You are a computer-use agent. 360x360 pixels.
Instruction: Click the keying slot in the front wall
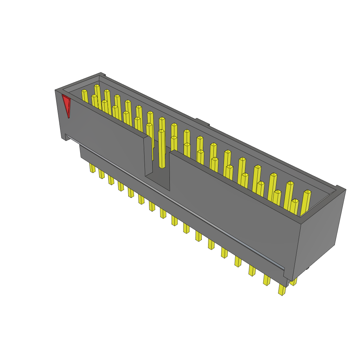click(x=158, y=165)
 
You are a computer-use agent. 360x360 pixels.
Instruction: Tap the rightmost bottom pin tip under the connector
click(x=281, y=290)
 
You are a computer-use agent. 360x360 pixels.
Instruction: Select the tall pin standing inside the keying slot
click(x=161, y=148)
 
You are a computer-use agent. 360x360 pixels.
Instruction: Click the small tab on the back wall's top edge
click(x=202, y=122)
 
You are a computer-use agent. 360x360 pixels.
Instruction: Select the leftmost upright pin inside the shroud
click(x=85, y=96)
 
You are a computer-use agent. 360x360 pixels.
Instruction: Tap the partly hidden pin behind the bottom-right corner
click(x=294, y=282)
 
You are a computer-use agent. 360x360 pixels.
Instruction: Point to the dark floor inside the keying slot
click(x=157, y=181)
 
